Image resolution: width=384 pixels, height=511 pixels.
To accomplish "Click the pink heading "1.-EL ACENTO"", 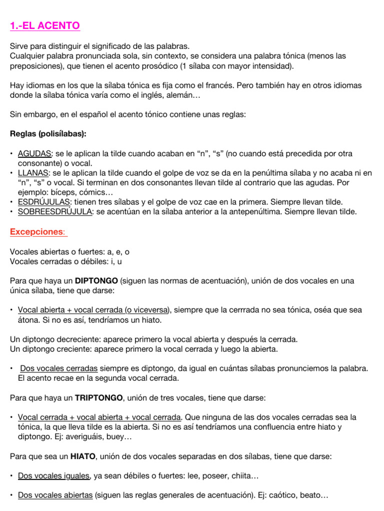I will point(44,25).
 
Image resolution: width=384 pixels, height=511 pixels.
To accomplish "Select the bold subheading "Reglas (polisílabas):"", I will point(48,134).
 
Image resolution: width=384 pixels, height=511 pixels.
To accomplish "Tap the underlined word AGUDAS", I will point(34,154).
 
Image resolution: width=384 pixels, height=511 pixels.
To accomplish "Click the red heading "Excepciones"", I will point(38,232).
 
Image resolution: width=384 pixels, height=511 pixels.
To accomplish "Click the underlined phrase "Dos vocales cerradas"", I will point(58,368).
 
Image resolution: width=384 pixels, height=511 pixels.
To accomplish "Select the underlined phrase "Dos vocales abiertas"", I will point(55,495).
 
